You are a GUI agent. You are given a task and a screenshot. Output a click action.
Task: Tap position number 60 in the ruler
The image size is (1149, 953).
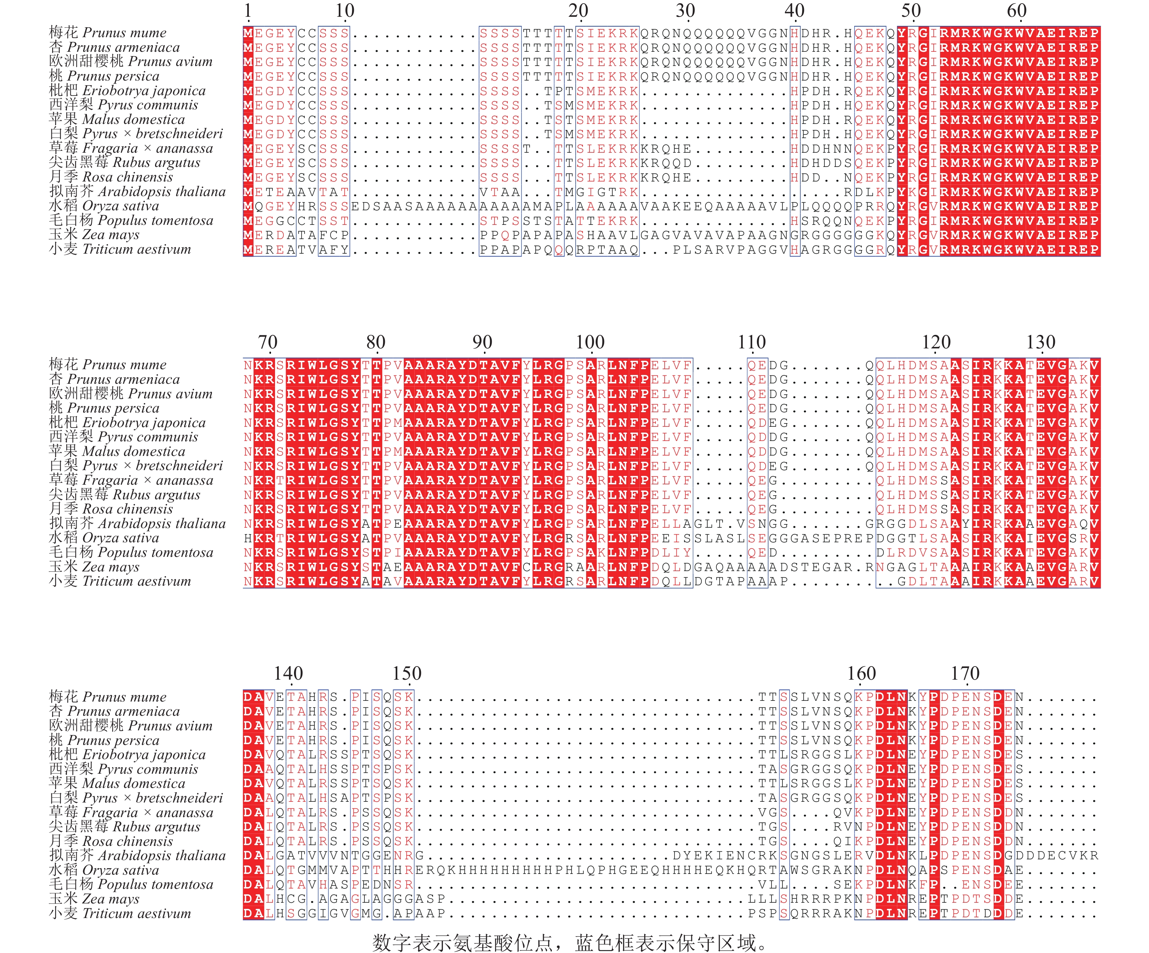[1017, 11]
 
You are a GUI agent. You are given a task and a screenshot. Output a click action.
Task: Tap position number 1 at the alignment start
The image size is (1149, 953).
[248, 11]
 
